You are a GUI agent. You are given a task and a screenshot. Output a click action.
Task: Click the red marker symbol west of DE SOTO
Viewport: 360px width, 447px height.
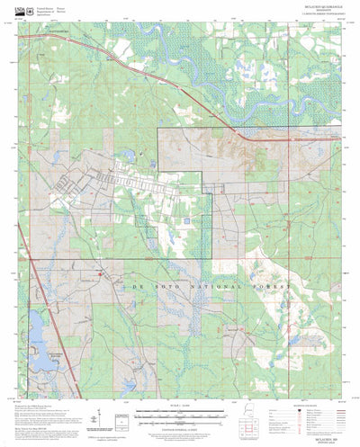[x=102, y=274]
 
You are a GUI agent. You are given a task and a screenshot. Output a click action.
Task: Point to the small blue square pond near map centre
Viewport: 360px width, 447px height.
[x=185, y=219]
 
